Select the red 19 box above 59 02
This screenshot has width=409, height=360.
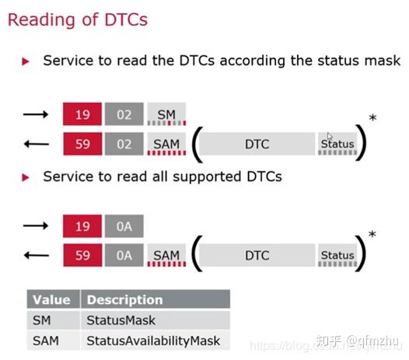82,114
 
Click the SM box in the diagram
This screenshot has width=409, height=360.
166,114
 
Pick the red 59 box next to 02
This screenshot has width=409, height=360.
82,143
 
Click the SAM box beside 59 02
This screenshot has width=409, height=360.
166,143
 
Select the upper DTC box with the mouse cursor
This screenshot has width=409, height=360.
257,143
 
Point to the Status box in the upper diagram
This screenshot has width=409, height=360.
337,143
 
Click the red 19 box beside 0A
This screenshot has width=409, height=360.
82,226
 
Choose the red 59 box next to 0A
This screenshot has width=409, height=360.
82,255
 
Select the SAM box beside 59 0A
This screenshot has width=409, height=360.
166,255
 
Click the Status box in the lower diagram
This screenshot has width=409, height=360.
337,255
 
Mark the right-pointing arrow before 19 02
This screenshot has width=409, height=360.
35,114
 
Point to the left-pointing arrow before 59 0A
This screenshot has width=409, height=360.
35,255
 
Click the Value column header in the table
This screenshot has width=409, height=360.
51,299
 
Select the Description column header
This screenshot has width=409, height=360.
124,299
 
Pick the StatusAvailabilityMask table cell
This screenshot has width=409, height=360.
153,341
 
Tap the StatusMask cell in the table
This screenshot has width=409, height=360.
121,320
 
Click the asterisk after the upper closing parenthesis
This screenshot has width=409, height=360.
373,119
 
